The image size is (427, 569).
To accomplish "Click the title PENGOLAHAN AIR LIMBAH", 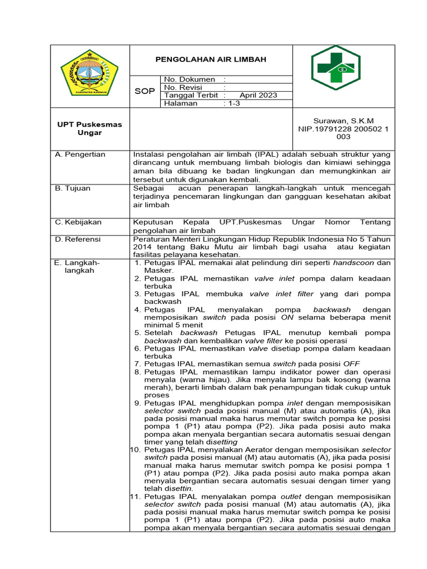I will click(211, 59).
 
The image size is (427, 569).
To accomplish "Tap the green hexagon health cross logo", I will click(335, 68).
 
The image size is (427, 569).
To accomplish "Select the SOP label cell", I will click(145, 91).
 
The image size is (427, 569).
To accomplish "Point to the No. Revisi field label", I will click(183, 87).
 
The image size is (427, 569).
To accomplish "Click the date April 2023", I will click(258, 95).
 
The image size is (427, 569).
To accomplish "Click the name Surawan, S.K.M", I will click(344, 121).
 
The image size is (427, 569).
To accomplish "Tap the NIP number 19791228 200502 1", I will click(344, 128).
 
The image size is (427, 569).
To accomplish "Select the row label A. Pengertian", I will click(80, 154).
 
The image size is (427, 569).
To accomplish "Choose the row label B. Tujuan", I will click(73, 188).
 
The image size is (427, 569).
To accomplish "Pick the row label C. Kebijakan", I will click(78, 222).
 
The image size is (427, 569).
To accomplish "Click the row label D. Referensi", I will click(78, 239).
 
